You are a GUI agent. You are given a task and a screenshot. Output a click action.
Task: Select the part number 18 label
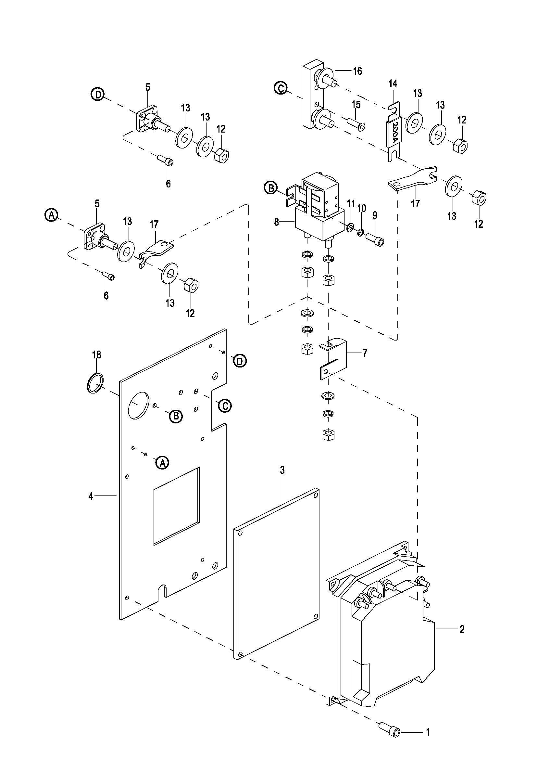click(x=96, y=355)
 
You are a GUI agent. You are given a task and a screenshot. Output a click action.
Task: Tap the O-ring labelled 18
click(x=94, y=383)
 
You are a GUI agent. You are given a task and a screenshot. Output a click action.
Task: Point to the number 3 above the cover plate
click(x=282, y=470)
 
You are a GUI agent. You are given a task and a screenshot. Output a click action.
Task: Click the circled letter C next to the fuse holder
click(x=281, y=89)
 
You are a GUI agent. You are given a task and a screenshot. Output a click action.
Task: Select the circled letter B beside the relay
click(x=270, y=188)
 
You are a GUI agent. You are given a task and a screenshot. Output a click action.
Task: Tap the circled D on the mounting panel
click(x=240, y=361)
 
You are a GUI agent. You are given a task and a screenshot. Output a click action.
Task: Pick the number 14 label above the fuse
click(x=393, y=84)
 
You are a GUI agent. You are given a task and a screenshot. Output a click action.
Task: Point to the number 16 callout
click(x=357, y=71)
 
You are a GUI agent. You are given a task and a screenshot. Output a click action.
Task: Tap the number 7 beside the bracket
click(x=365, y=354)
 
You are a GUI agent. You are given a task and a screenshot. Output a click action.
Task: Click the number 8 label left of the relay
click(x=276, y=222)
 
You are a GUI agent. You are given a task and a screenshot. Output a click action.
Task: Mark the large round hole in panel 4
click(x=137, y=406)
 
